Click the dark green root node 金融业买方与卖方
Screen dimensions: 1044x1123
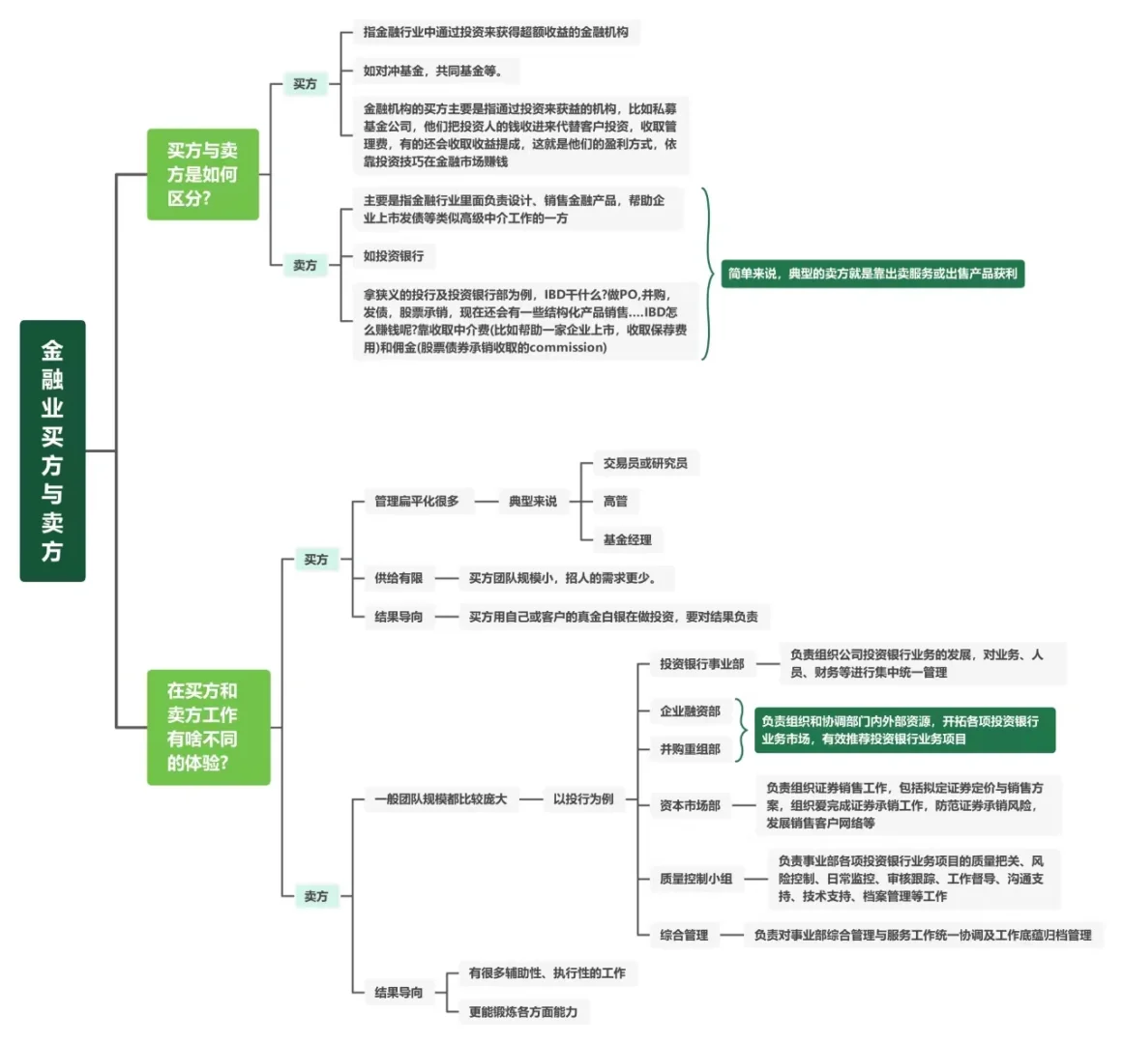click(x=52, y=450)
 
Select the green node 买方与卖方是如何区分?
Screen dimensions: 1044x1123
click(x=202, y=174)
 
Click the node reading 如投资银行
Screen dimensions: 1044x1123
click(x=394, y=256)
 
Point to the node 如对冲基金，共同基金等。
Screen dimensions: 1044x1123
click(x=432, y=71)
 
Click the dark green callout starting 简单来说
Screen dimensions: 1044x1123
click(x=872, y=274)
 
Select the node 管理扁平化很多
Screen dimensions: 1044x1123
click(x=417, y=501)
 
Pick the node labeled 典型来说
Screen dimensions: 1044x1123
click(x=533, y=501)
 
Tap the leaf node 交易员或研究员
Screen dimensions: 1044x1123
click(x=645, y=463)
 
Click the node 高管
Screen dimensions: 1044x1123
click(x=615, y=501)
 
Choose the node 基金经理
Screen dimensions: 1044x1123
click(x=628, y=539)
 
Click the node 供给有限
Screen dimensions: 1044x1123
click(x=399, y=578)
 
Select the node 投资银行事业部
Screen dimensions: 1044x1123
click(x=702, y=664)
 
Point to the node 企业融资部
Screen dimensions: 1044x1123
click(x=690, y=711)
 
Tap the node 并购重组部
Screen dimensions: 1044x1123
click(x=690, y=749)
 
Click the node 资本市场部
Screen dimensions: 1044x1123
click(x=690, y=805)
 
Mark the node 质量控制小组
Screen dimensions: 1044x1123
click(x=695, y=879)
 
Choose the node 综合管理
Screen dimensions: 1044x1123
click(x=684, y=935)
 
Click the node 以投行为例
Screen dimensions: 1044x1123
click(x=583, y=798)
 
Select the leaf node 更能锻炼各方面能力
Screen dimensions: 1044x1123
click(x=523, y=1011)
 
